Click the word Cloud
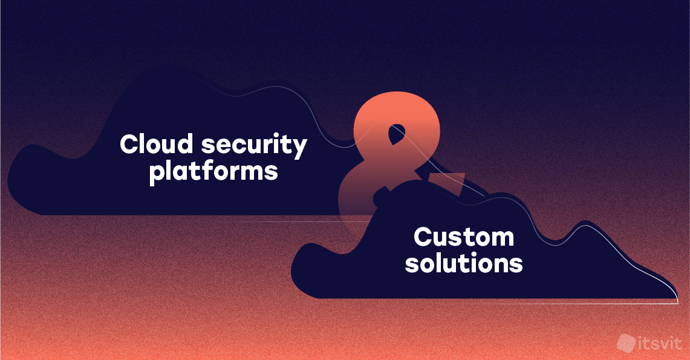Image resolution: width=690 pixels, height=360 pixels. pos(156,143)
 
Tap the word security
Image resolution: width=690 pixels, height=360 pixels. pos(254,146)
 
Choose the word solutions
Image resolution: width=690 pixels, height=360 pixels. pos(464,263)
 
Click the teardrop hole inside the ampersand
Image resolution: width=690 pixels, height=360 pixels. pos(397,135)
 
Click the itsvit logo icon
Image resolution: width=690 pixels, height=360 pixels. pos(626,343)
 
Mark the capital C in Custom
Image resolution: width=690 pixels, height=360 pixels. pos(423,237)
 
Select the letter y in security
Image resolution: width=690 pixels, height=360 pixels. pos(300,149)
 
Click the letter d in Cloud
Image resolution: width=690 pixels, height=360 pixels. pos(185,144)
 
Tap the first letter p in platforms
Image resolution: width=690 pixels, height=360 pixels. pos(157,175)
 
